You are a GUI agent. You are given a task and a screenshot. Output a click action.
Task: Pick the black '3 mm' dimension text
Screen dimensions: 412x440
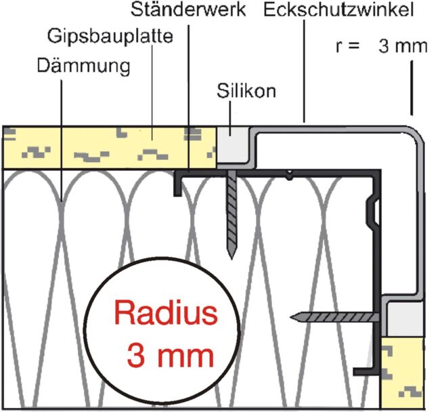pyautogui.click(x=403, y=46)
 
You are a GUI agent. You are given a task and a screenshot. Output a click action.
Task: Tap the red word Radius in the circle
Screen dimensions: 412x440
pyautogui.click(x=167, y=314)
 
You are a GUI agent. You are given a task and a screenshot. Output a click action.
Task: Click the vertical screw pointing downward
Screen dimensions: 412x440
pyautogui.click(x=232, y=213)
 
